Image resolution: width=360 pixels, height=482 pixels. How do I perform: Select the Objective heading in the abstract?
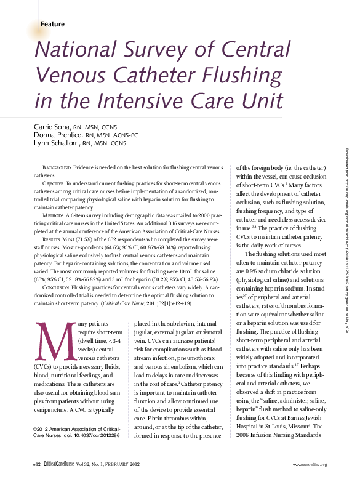[55, 183]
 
